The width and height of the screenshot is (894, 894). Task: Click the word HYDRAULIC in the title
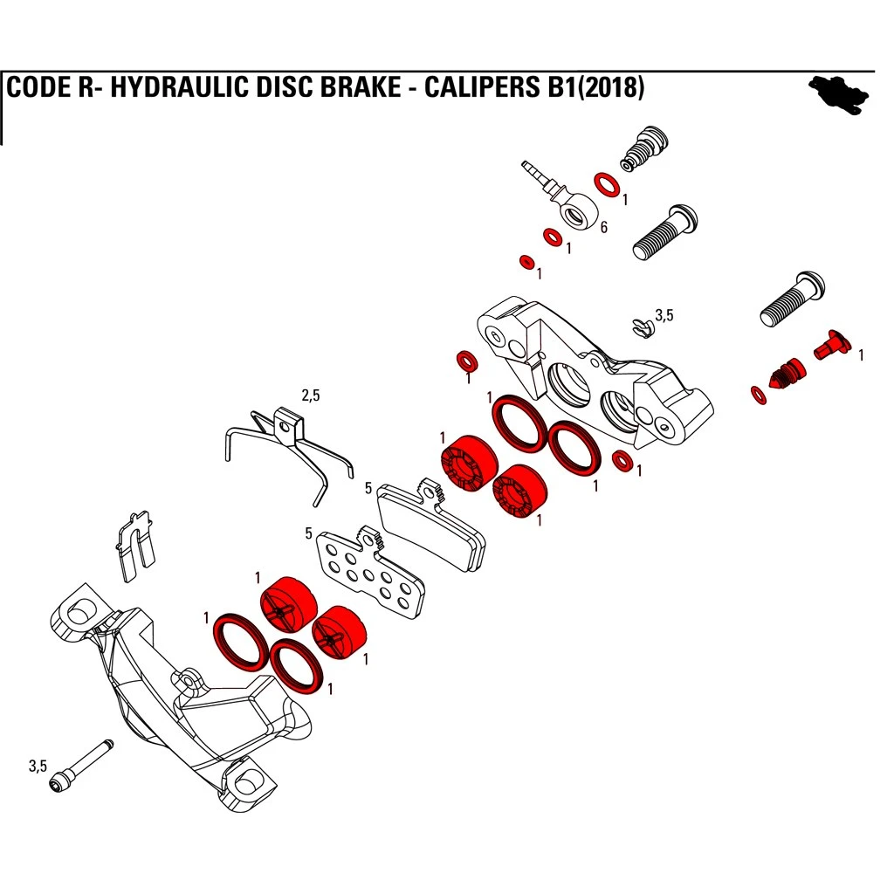(x=162, y=89)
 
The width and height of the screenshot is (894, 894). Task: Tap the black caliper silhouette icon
(x=840, y=91)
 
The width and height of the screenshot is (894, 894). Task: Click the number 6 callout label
(x=603, y=228)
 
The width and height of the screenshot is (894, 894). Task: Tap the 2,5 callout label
(x=310, y=395)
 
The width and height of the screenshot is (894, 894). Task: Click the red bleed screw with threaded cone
(x=786, y=375)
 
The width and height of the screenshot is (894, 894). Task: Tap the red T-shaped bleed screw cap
(x=830, y=346)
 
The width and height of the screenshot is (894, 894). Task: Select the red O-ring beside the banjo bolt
(x=606, y=184)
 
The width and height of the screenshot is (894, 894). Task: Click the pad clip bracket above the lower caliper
(x=134, y=545)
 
